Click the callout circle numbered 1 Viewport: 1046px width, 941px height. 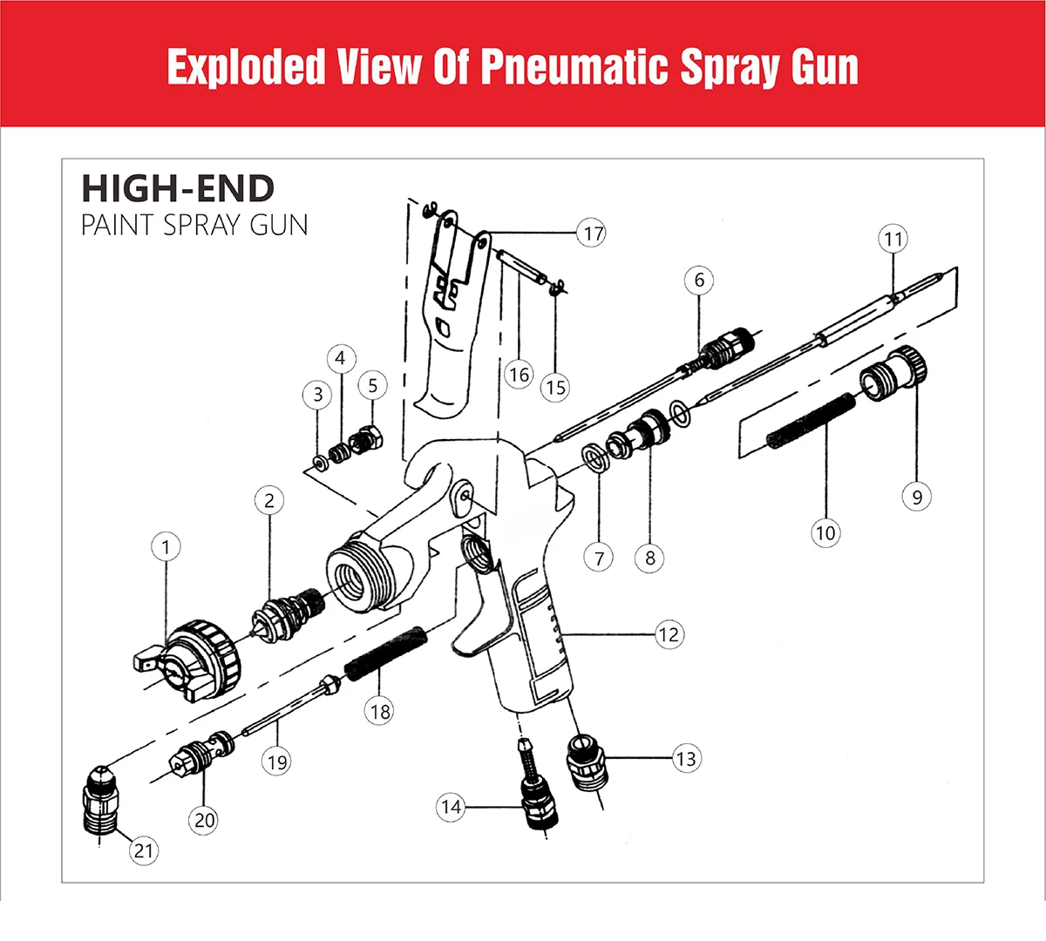[166, 547]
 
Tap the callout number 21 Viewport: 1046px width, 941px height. [144, 850]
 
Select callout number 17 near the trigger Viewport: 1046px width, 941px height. [593, 234]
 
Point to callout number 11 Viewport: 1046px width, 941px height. [893, 239]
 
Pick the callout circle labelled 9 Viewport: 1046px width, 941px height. [917, 497]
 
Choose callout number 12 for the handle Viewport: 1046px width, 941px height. [669, 634]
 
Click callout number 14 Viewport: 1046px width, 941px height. [451, 807]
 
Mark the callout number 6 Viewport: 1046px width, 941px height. [699, 281]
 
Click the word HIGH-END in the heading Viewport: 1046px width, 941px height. [178, 188]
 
